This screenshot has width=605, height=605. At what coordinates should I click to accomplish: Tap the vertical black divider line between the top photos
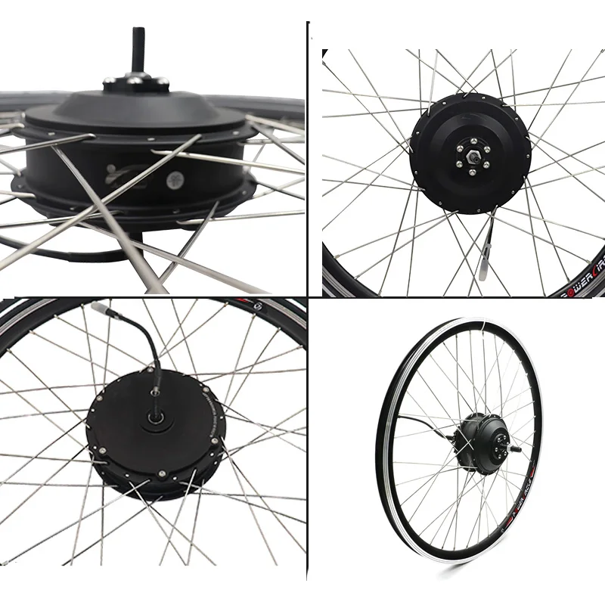(308, 151)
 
